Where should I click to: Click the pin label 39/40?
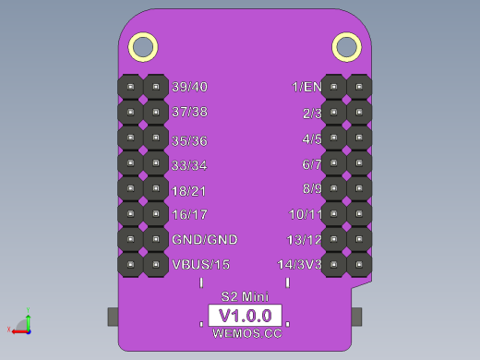[x=189, y=87]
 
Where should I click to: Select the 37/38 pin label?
[x=189, y=112]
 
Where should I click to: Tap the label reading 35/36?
[x=189, y=141]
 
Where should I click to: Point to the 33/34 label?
[x=189, y=166]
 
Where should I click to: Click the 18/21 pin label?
[x=189, y=191]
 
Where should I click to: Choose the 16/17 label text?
[x=189, y=215]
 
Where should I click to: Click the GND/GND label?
[x=204, y=240]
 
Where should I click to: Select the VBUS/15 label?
[x=200, y=265]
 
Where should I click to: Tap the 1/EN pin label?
[x=306, y=87]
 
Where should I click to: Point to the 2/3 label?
[x=312, y=114]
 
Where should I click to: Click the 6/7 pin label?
[x=312, y=164]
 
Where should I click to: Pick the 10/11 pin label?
[x=306, y=214]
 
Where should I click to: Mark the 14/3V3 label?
[x=300, y=265]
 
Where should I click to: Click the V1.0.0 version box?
[x=245, y=315]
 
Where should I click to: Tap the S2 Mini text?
[x=245, y=296]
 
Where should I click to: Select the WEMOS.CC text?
[x=246, y=333]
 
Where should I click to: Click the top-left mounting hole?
[x=144, y=46]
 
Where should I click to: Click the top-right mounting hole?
[x=345, y=46]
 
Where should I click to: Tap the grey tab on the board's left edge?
[x=114, y=316]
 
